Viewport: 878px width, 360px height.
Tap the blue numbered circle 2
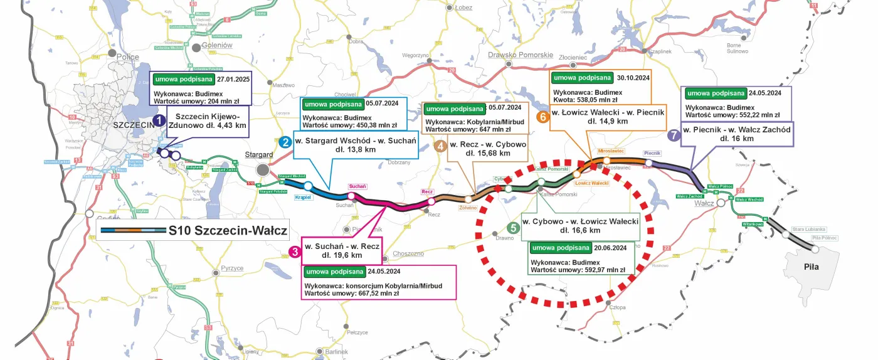(285, 142)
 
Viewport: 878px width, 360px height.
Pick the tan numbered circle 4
(441, 146)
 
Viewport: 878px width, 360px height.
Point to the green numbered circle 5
(513, 228)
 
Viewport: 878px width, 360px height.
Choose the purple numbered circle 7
(674, 134)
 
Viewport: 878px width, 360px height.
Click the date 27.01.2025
(233, 80)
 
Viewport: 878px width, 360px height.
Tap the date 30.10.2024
(633, 78)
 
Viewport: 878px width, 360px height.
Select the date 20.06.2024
(611, 247)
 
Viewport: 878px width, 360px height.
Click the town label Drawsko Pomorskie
(520, 55)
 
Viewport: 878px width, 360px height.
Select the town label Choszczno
(408, 254)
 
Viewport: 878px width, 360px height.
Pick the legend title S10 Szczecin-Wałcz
(227, 231)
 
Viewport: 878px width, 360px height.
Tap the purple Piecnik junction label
(652, 153)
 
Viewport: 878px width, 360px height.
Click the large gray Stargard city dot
(263, 170)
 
